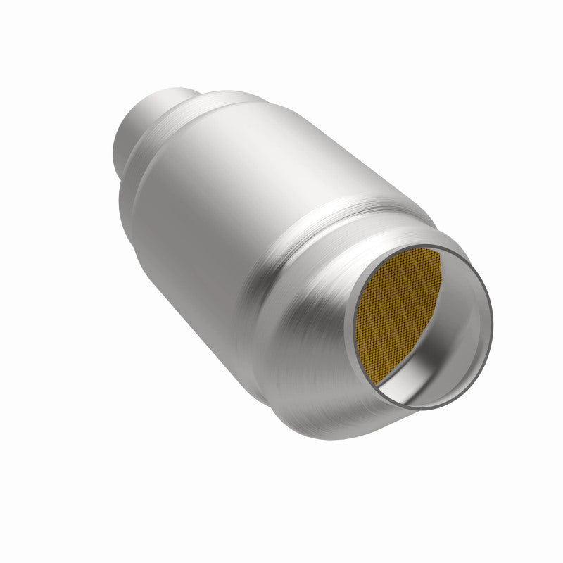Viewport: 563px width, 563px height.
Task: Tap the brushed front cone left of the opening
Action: (x=310, y=331)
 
